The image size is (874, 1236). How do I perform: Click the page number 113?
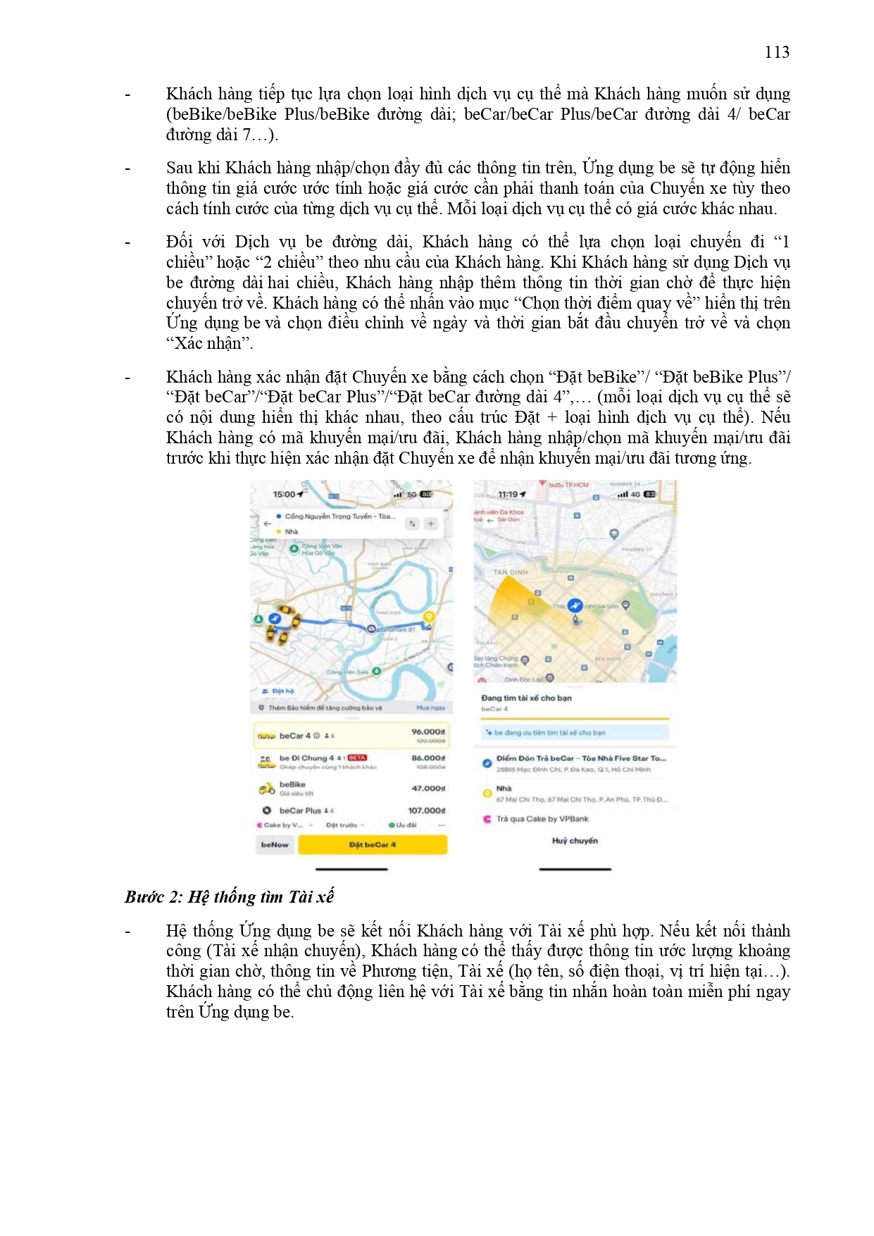point(776,52)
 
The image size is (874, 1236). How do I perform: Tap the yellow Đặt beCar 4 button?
point(373,844)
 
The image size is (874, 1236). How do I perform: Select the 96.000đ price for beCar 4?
point(427,731)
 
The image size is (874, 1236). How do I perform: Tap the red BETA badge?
point(357,758)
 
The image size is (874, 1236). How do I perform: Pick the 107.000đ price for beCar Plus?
point(426,810)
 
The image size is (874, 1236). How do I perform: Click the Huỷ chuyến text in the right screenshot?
point(575,841)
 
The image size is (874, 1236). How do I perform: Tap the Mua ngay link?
point(430,707)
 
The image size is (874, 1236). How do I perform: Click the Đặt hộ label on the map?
point(282,691)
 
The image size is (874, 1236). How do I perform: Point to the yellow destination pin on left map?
point(427,617)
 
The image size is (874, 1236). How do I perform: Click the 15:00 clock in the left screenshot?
point(285,494)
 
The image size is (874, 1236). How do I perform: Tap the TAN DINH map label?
point(510,572)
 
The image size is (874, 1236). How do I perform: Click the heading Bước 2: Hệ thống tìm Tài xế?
point(229,897)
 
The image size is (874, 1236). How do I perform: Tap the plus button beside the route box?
point(431,524)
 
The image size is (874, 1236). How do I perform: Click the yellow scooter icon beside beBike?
point(266,789)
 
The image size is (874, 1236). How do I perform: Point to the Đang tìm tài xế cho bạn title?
point(526,698)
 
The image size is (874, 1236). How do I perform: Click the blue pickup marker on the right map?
point(575,606)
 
